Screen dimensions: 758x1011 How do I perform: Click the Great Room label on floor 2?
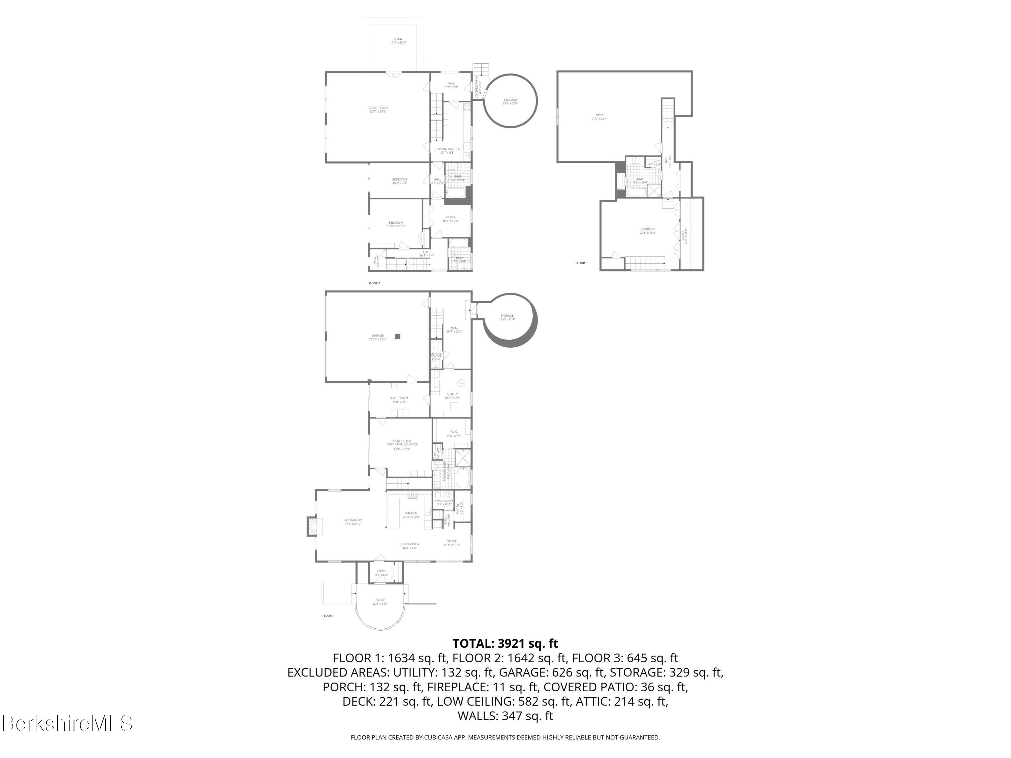coord(378,109)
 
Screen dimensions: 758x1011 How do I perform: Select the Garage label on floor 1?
coord(377,338)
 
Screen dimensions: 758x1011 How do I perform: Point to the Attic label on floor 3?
coord(599,117)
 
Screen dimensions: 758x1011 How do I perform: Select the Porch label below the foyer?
coord(380,602)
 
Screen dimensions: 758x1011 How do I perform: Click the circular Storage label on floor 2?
coord(510,101)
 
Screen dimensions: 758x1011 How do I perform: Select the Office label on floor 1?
coord(452,543)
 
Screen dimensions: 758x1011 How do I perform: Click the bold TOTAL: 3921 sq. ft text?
coord(505,643)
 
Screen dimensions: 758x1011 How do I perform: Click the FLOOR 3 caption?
coord(581,263)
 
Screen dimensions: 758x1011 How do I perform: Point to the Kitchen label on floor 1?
coord(410,514)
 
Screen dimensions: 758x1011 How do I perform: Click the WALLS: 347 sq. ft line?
coord(505,716)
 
